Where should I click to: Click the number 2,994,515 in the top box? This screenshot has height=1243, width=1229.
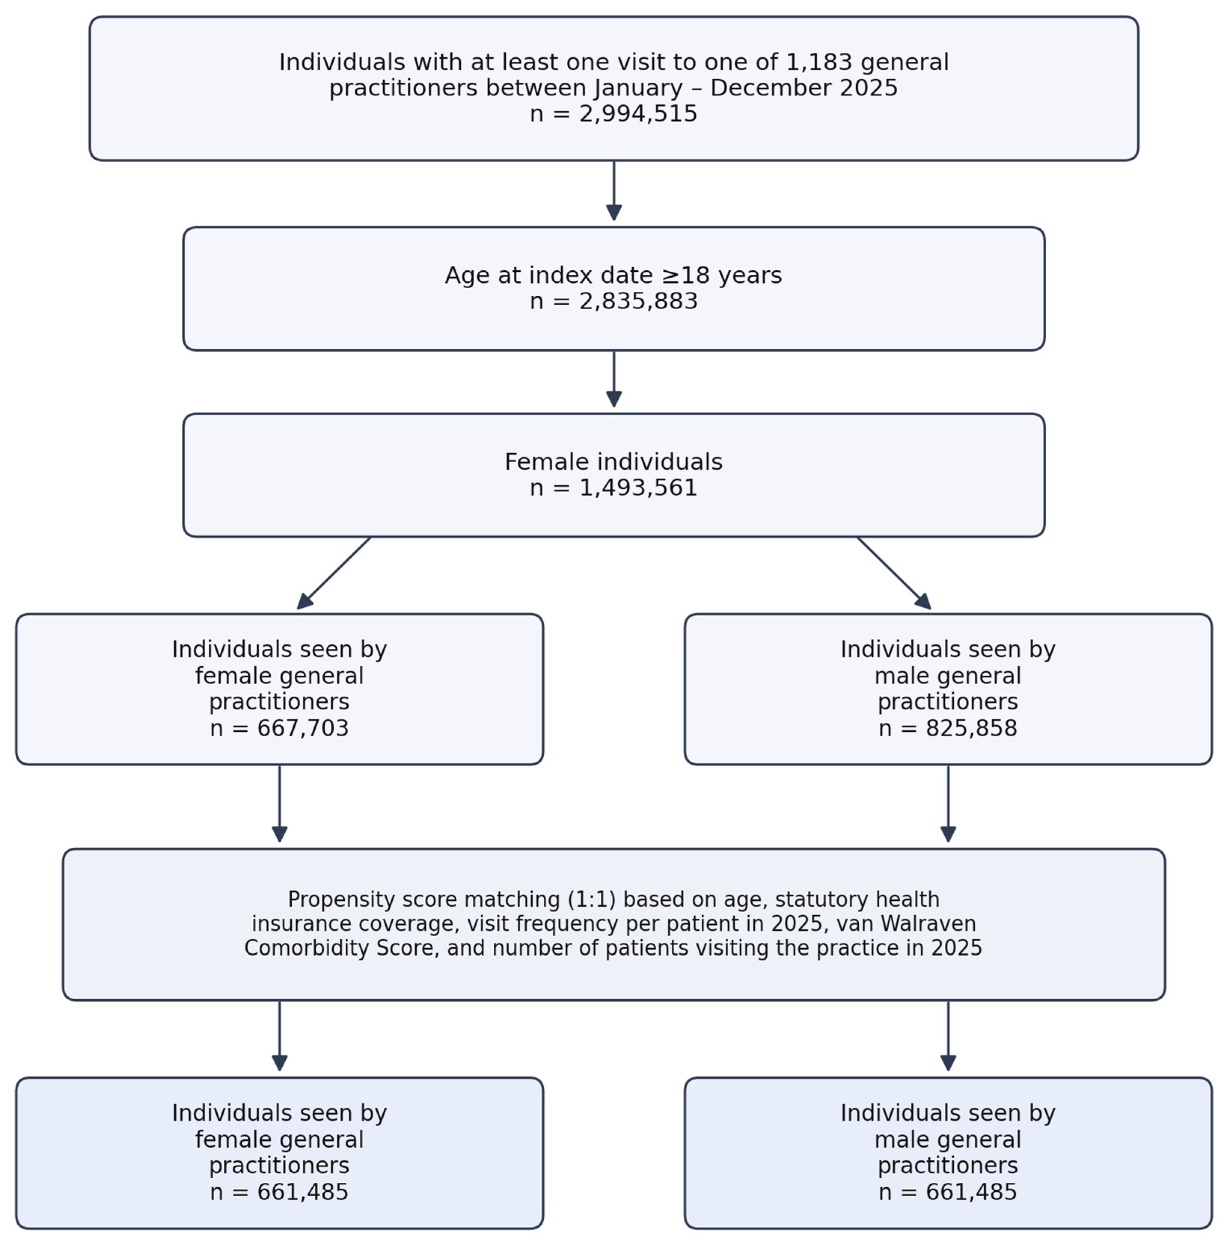(638, 114)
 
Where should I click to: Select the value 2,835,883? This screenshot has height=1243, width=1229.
(638, 301)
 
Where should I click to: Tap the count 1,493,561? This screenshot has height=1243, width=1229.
(638, 488)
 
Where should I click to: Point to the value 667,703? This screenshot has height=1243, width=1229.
(303, 728)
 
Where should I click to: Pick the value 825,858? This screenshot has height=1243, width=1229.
(971, 728)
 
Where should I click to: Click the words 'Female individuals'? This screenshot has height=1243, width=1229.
(613, 462)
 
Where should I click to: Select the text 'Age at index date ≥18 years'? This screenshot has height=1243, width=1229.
(613, 275)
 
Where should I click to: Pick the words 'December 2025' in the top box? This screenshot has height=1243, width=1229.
(804, 88)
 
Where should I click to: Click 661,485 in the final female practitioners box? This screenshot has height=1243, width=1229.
(303, 1192)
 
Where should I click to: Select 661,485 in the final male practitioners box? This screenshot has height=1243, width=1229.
(971, 1192)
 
